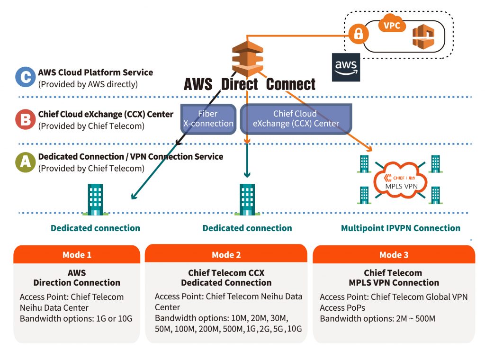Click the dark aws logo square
pyautogui.click(x=346, y=67)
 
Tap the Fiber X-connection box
pyautogui.click(x=208, y=119)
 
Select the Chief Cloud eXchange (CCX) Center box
pyautogui.click(x=296, y=119)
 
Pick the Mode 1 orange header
pyautogui.click(x=77, y=255)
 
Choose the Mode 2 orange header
pyautogui.click(x=226, y=254)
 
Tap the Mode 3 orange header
pyautogui.click(x=394, y=255)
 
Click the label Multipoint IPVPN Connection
pyautogui.click(x=400, y=228)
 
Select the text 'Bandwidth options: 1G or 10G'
pyautogui.click(x=76, y=318)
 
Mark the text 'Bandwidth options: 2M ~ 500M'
pyautogui.click(x=377, y=318)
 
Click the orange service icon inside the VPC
pyautogui.click(x=422, y=37)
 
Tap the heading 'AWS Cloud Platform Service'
pyautogui.click(x=96, y=73)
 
